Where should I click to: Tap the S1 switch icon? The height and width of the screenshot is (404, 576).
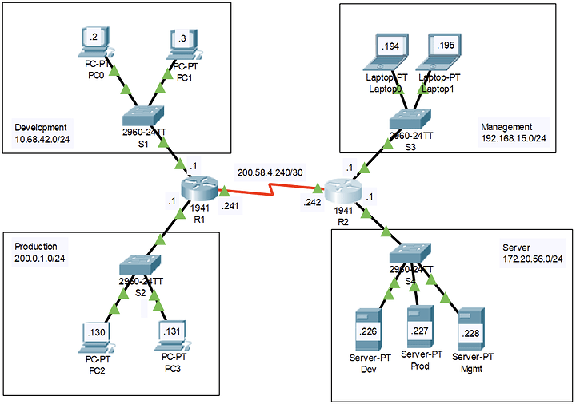[x=144, y=117]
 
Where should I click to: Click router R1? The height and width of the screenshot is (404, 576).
[x=199, y=189]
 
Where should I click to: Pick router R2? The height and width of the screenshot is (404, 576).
[x=345, y=190]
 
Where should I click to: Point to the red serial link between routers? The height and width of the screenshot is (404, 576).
[x=272, y=192]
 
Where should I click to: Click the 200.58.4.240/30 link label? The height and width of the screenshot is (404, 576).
[x=270, y=171]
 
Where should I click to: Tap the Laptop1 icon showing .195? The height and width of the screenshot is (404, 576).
[x=444, y=52]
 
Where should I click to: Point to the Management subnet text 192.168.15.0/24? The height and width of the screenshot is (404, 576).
[x=513, y=139]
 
